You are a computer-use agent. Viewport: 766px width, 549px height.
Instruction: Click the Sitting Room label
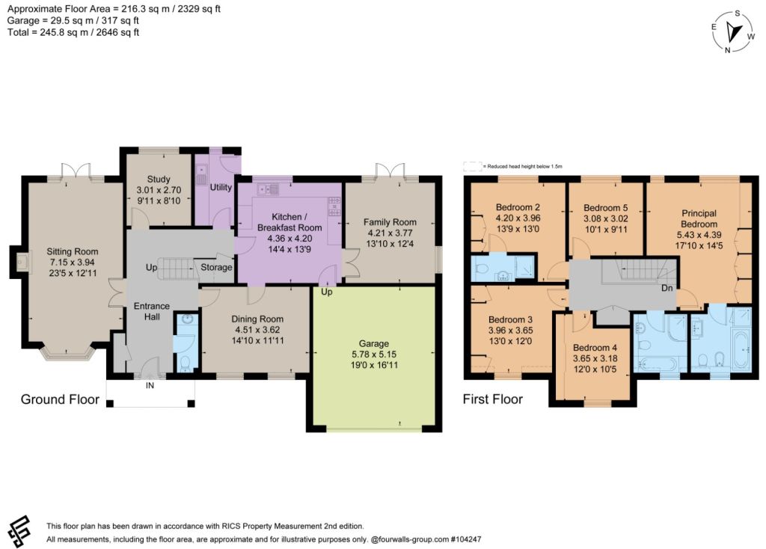coord(73,251)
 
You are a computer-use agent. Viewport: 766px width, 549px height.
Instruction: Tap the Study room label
coord(159,180)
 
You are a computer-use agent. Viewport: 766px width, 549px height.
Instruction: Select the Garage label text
coord(374,343)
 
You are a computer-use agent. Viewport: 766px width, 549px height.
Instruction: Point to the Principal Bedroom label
coord(699,218)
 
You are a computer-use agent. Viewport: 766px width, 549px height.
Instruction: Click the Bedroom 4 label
coord(595,347)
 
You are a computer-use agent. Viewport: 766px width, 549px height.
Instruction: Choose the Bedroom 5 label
coord(606,208)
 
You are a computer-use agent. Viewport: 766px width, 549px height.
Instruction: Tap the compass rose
coord(733,31)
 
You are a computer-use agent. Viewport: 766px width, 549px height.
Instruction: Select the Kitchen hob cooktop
coord(334,206)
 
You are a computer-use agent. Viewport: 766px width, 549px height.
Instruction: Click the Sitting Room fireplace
coord(20,262)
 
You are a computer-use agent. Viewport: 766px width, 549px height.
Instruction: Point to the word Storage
coord(216,267)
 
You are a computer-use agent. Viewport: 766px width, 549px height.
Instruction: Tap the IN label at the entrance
coord(150,385)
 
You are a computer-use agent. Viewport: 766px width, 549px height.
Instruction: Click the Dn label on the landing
coord(667,288)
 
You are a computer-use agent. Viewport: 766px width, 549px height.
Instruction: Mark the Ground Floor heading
coord(60,399)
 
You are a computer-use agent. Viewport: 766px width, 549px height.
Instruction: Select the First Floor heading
coord(492,399)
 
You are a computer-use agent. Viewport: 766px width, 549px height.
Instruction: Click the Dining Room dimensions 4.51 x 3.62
coord(257,330)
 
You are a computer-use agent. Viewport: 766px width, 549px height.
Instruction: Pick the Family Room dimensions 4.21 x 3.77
coord(389,233)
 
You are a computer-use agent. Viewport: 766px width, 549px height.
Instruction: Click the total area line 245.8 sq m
coord(73,32)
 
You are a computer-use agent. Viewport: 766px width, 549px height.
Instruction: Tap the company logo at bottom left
coord(19,532)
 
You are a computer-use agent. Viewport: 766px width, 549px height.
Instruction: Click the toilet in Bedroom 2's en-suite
coord(480,269)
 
